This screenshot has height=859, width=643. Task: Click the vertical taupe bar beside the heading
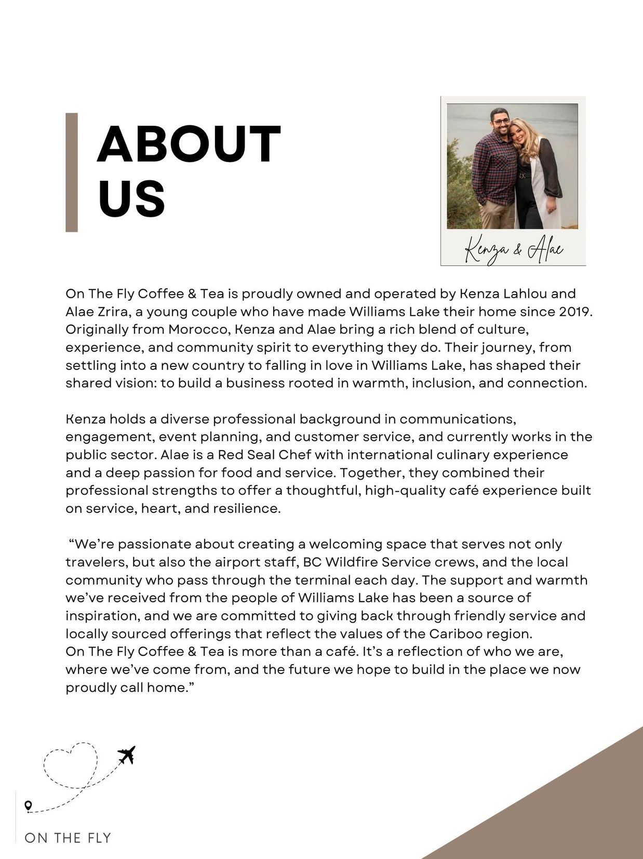tap(72, 172)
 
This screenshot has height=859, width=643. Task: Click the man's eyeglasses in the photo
tap(500, 122)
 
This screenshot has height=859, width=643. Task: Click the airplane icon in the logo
tap(126, 755)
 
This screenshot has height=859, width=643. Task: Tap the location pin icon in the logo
tap(29, 805)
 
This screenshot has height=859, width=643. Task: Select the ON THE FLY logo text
tap(68, 838)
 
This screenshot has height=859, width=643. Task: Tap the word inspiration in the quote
tap(102, 616)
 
